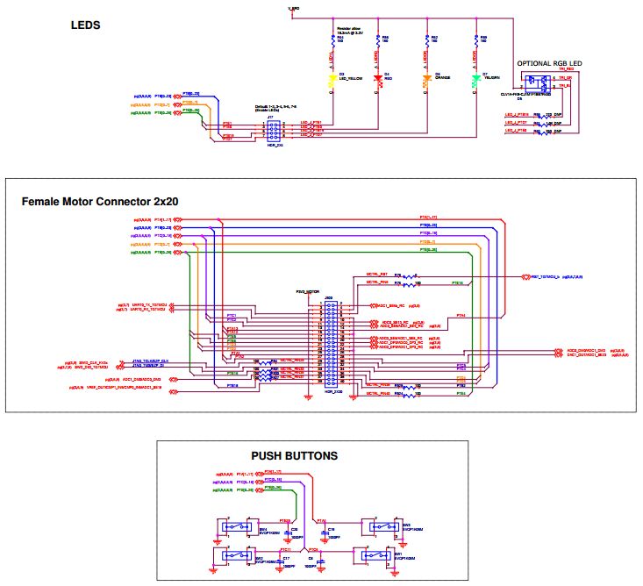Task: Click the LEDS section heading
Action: pos(86,25)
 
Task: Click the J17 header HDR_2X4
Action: pos(273,129)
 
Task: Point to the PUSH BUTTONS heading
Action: pos(294,456)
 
